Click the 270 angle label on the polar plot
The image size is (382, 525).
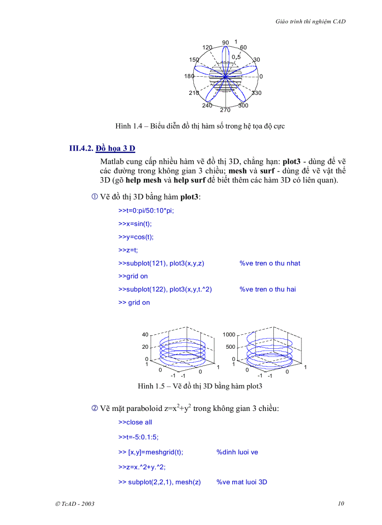pos(225,110)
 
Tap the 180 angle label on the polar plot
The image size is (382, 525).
pos(189,76)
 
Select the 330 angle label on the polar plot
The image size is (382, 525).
pos(257,93)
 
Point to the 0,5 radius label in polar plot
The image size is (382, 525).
pos(236,57)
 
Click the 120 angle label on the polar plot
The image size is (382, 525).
pos(207,48)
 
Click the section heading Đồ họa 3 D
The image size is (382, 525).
pos(115,149)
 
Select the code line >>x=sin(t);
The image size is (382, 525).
pos(135,224)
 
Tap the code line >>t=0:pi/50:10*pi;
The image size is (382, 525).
pos(146,211)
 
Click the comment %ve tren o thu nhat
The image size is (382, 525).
pos(270,263)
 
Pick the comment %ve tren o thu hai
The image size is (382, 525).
pos(267,289)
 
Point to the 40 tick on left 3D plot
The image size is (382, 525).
pos(145,335)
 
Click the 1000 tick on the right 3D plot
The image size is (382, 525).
pos(229,335)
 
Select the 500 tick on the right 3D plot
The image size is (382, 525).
pos(230,347)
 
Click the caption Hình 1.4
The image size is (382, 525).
pos(200,126)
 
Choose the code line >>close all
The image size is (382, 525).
pos(135,422)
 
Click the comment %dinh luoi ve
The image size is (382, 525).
pos(237,452)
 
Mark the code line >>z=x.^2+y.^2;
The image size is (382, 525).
pos(142,467)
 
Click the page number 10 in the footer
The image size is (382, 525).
pos(341,503)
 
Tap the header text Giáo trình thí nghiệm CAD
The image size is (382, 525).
pos(311,22)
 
